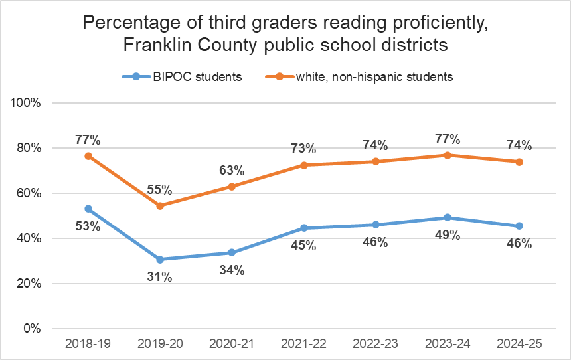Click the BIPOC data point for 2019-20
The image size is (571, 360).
(x=160, y=259)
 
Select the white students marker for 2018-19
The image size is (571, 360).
(x=88, y=156)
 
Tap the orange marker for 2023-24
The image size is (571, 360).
(x=448, y=155)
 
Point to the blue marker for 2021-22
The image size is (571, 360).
(x=304, y=228)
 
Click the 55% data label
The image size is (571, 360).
(x=159, y=189)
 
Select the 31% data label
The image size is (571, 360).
(x=159, y=277)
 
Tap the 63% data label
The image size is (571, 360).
(x=232, y=170)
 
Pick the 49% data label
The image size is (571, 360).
(x=448, y=235)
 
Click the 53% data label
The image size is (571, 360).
(x=88, y=226)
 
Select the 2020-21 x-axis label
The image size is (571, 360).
(x=232, y=344)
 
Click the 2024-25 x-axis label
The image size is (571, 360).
(x=519, y=344)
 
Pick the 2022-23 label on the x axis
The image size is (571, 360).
(x=376, y=344)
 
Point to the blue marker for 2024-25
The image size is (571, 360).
(x=519, y=226)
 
